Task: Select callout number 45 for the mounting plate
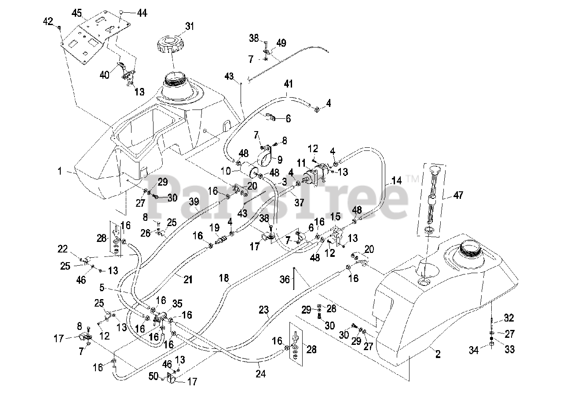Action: click(77, 13)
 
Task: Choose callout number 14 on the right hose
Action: click(396, 180)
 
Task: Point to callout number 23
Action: click(263, 310)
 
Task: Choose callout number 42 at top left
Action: click(48, 21)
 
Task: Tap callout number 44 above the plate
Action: click(142, 14)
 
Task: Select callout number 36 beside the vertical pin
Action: click(285, 279)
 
